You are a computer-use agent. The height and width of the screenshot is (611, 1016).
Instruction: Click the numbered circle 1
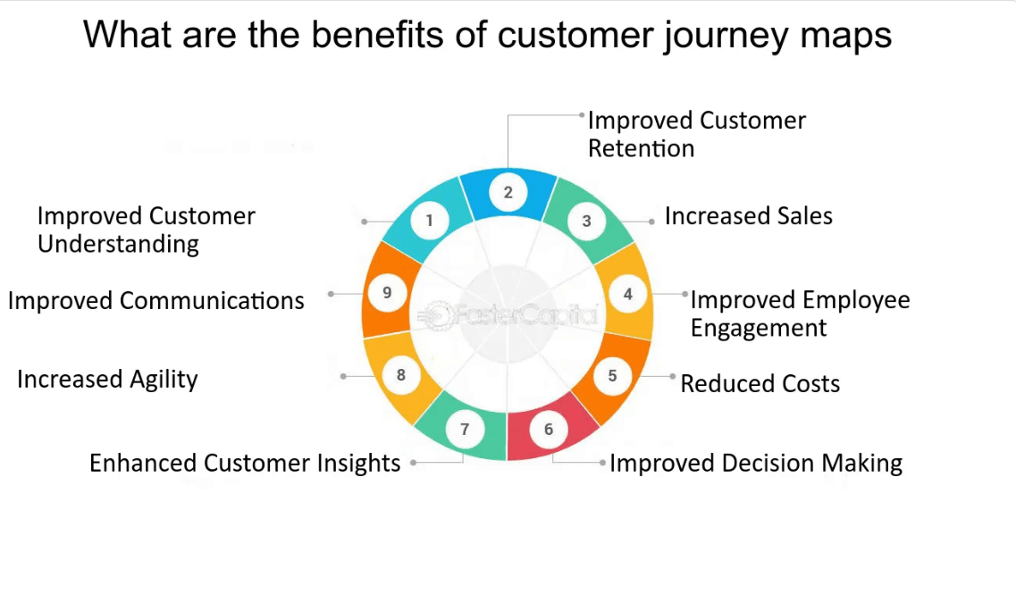pyautogui.click(x=430, y=220)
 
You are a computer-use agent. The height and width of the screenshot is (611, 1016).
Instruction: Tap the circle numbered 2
pyautogui.click(x=508, y=191)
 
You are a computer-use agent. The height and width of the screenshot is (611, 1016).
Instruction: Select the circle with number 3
pyautogui.click(x=586, y=221)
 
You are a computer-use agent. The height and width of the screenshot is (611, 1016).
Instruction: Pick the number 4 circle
pyautogui.click(x=628, y=294)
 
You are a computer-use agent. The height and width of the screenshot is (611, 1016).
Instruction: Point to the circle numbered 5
pyautogui.click(x=612, y=375)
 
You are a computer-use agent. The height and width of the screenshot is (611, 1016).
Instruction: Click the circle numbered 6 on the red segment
pyautogui.click(x=548, y=430)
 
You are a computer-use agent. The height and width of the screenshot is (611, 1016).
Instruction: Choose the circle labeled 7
pyautogui.click(x=465, y=430)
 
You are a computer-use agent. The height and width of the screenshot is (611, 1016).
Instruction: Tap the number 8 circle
pyautogui.click(x=400, y=375)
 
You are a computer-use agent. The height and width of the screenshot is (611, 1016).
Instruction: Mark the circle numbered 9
pyautogui.click(x=386, y=293)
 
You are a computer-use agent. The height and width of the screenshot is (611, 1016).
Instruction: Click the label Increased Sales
pyautogui.click(x=748, y=216)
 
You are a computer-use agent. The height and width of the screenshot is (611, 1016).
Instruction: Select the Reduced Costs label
pyautogui.click(x=760, y=384)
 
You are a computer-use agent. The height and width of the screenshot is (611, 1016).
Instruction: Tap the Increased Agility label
pyautogui.click(x=107, y=379)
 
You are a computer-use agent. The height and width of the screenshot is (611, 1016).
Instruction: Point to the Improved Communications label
pyautogui.click(x=156, y=300)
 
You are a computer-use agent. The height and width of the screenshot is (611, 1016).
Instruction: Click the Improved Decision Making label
pyautogui.click(x=755, y=464)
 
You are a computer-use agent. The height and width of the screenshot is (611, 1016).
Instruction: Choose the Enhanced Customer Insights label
pyautogui.click(x=245, y=463)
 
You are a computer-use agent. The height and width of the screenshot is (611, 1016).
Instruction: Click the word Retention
pyautogui.click(x=641, y=148)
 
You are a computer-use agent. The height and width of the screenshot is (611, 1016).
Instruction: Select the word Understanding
pyautogui.click(x=118, y=244)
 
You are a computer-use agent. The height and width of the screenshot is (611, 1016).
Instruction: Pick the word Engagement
pyautogui.click(x=759, y=328)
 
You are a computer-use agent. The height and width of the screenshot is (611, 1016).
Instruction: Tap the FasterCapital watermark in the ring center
pyautogui.click(x=508, y=314)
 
